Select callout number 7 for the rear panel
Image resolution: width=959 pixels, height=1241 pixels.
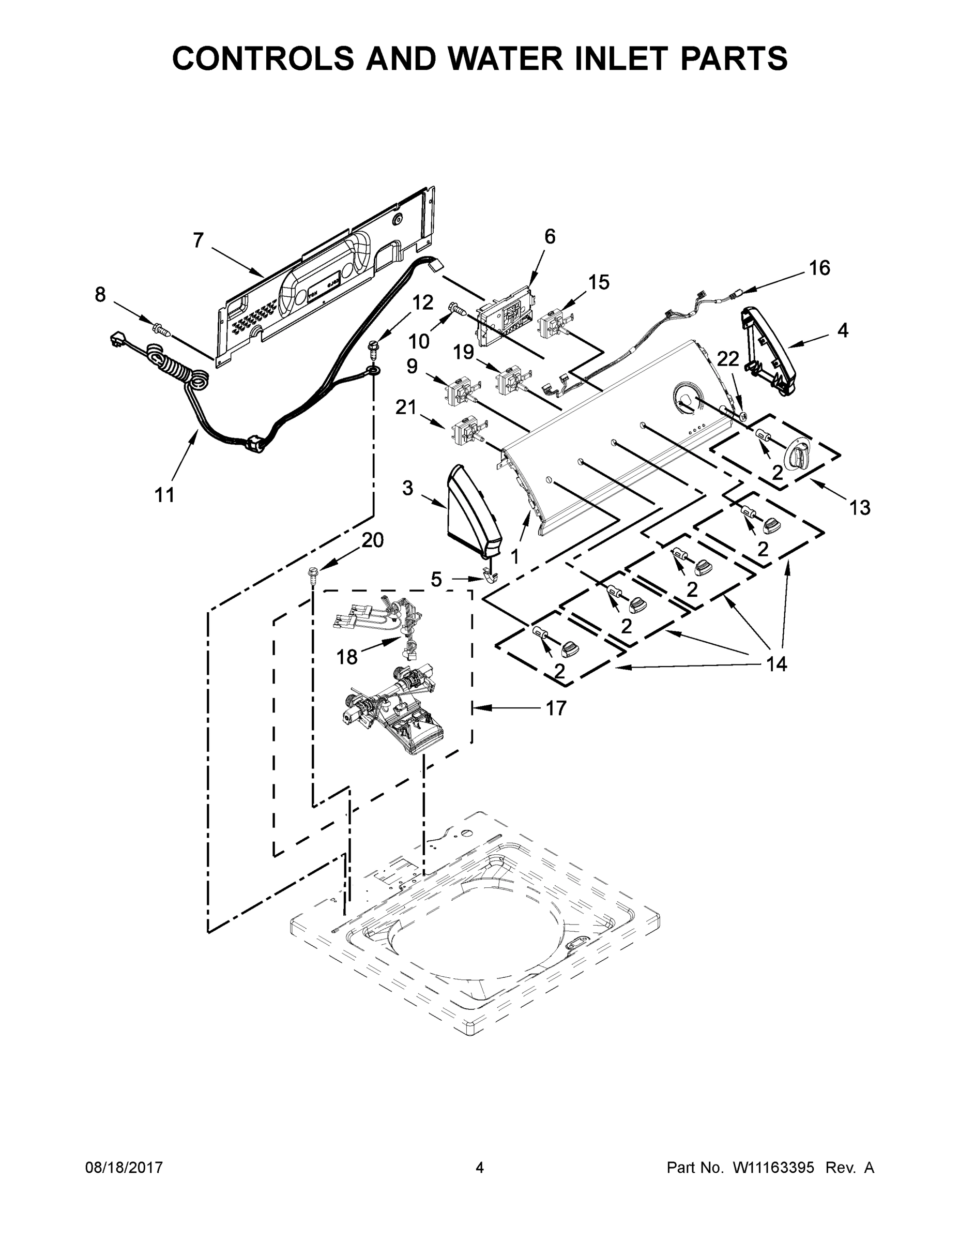[x=197, y=240]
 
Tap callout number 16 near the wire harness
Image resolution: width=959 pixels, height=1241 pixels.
[x=819, y=268]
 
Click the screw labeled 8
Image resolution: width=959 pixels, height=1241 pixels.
[x=161, y=328]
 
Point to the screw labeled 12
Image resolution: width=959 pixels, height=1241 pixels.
[x=373, y=349]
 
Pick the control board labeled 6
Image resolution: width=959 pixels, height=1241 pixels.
[x=505, y=317]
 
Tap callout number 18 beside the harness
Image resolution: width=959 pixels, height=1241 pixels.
[x=346, y=657]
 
